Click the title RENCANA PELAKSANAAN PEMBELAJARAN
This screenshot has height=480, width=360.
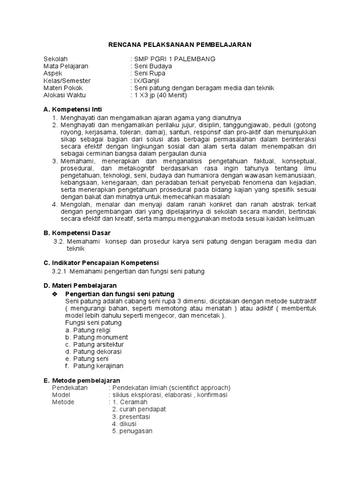180,45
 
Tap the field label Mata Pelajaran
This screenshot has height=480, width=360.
66,66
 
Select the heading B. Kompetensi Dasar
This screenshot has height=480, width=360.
77,233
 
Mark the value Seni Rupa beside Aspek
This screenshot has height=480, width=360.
150,74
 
